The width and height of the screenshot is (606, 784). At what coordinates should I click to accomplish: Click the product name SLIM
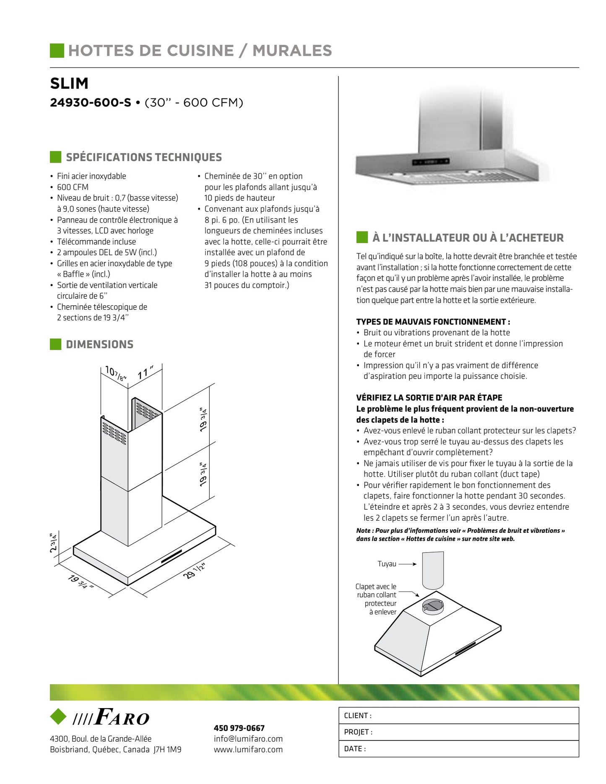click(x=69, y=83)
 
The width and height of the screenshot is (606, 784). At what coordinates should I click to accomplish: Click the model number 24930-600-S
click(x=90, y=103)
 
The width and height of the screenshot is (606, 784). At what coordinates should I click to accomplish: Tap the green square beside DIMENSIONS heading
click(x=55, y=344)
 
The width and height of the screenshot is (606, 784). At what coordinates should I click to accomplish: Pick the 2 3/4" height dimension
click(x=53, y=543)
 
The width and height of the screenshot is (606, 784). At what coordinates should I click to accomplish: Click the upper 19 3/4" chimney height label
click(x=203, y=419)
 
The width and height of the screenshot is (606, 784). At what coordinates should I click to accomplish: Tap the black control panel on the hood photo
click(x=431, y=162)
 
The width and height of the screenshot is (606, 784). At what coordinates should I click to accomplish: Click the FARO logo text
click(x=122, y=717)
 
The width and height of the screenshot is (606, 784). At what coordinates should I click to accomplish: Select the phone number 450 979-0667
click(x=239, y=728)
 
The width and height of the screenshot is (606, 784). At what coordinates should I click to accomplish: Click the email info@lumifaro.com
click(x=248, y=739)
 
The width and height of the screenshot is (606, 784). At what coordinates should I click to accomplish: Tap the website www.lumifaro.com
click(x=248, y=750)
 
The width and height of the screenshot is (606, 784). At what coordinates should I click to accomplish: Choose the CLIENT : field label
click(x=357, y=716)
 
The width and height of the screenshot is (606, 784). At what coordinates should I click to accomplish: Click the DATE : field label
click(x=355, y=749)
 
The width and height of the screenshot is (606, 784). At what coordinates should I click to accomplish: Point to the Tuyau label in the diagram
click(x=387, y=564)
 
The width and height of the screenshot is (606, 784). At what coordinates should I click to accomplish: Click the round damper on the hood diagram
click(x=432, y=606)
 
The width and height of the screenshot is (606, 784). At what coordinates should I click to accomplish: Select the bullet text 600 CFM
click(x=73, y=187)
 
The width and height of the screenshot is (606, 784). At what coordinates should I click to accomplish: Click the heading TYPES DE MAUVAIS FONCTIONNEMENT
click(x=433, y=322)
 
